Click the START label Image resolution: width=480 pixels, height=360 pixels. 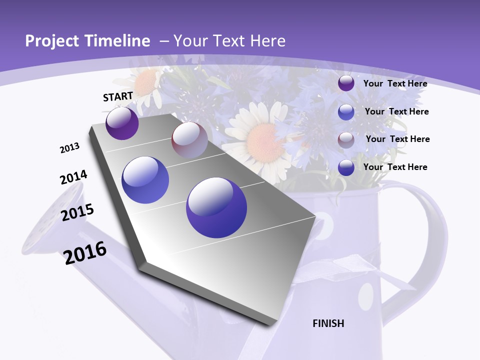coord(118,96)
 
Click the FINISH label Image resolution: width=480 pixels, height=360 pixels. coord(328,323)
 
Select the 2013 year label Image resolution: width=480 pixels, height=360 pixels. coord(69,148)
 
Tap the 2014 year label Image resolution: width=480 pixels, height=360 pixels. coord(73,177)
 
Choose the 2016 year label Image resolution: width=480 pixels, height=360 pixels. coord(85,252)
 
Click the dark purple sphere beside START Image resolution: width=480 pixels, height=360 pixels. coord(122,123)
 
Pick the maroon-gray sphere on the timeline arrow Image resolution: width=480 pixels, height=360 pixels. coord(189,140)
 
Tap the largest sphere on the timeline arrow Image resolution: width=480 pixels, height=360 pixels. coord(216,207)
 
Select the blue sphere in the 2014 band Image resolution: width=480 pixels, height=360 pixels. coord(145,180)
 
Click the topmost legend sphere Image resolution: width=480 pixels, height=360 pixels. coord(346,83)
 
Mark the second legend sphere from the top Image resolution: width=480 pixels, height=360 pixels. coord(346,112)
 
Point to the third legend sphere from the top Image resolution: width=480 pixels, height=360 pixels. coord(346,139)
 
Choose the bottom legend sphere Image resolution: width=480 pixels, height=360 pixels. coord(346,167)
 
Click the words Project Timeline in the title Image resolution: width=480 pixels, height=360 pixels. coord(87,41)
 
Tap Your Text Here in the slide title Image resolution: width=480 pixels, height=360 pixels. coord(229,41)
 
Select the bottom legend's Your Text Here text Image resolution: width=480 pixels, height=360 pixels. coord(395,167)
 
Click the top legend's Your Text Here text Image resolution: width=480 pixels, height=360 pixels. coord(395,83)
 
